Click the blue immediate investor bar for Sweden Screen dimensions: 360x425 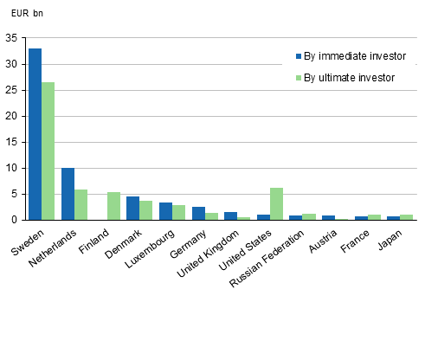click(35, 134)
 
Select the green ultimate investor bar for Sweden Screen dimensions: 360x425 click(48, 151)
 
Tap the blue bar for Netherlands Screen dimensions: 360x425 click(68, 194)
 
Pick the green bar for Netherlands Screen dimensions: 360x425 click(80, 205)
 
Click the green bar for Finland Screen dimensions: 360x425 click(113, 206)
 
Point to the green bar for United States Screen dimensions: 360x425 click(276, 204)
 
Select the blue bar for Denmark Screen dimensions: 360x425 click(132, 209)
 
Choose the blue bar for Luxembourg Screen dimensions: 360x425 click(165, 211)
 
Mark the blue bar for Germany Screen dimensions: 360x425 click(198, 214)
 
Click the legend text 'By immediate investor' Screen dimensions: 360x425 click(354, 56)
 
